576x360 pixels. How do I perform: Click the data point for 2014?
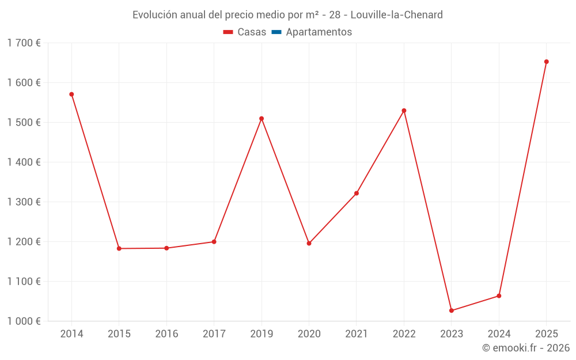(71, 94)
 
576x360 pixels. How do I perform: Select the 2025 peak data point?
(546, 62)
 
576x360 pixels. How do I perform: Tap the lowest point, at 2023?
(451, 310)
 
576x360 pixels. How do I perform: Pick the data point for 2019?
(262, 119)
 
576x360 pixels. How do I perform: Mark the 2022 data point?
(404, 111)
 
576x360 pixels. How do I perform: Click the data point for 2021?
(357, 194)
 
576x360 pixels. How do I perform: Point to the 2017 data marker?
(214, 242)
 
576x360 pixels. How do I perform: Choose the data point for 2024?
(499, 296)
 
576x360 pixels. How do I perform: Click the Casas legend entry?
(245, 32)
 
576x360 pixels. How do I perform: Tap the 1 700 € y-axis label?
(24, 43)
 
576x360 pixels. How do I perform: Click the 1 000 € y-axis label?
(24, 321)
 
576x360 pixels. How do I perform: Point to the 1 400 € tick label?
(24, 162)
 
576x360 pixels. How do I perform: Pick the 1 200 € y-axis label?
(24, 242)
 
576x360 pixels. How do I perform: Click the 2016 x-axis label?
(166, 334)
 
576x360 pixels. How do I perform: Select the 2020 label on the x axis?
(309, 334)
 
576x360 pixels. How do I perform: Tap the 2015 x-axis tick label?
(119, 334)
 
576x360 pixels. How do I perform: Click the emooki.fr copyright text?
(526, 348)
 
